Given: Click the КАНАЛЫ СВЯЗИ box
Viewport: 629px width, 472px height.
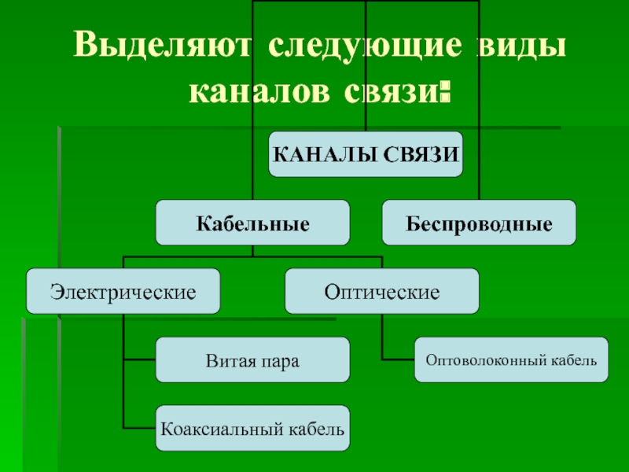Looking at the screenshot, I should [x=366, y=153].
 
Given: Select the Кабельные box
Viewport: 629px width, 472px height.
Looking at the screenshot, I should [x=252, y=223].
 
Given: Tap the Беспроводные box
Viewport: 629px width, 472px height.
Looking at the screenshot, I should [x=479, y=223].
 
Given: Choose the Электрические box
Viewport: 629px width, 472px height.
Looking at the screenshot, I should [x=123, y=291].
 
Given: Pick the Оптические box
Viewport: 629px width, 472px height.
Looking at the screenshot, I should [x=381, y=291].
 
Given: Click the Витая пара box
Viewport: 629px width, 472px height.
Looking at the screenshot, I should [x=252, y=360].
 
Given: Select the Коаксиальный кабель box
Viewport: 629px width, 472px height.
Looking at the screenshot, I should [x=252, y=429].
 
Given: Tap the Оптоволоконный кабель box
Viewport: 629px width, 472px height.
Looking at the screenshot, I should [x=511, y=360].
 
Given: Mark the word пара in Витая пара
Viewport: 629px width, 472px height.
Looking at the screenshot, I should [x=278, y=361].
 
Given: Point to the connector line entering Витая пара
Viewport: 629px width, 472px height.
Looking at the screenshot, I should [x=139, y=360].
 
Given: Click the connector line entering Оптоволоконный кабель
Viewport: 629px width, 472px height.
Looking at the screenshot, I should [x=398, y=360].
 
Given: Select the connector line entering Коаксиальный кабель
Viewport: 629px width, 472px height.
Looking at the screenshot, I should [x=139, y=429].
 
